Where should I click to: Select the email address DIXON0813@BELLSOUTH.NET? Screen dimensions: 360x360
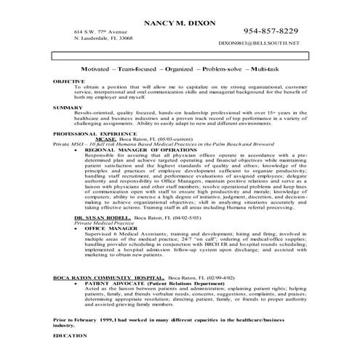[257, 45]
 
